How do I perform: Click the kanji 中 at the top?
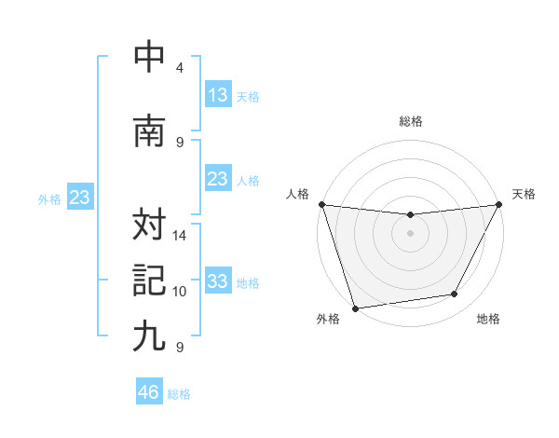pos(150,58)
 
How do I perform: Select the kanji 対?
pos(150,225)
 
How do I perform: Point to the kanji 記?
pos(150,281)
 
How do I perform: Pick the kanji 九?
pos(150,336)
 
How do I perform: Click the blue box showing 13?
pos(218,95)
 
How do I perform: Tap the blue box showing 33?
pos(218,281)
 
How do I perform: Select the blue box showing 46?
pos(149,392)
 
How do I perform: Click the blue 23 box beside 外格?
pos(79,198)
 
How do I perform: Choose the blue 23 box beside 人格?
pos(218,179)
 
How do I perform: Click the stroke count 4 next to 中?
pos(180,68)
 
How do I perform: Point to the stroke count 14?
pos(181,236)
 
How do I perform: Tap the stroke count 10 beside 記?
pos(181,292)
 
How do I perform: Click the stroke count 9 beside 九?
pos(179,348)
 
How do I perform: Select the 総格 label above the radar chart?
pos(411,121)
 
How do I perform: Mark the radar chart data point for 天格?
pos(500,204)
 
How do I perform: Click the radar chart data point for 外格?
pos(355,308)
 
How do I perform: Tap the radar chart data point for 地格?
pos(455,294)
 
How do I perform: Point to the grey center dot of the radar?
pos(410,233)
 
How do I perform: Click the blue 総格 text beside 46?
pos(179,394)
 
